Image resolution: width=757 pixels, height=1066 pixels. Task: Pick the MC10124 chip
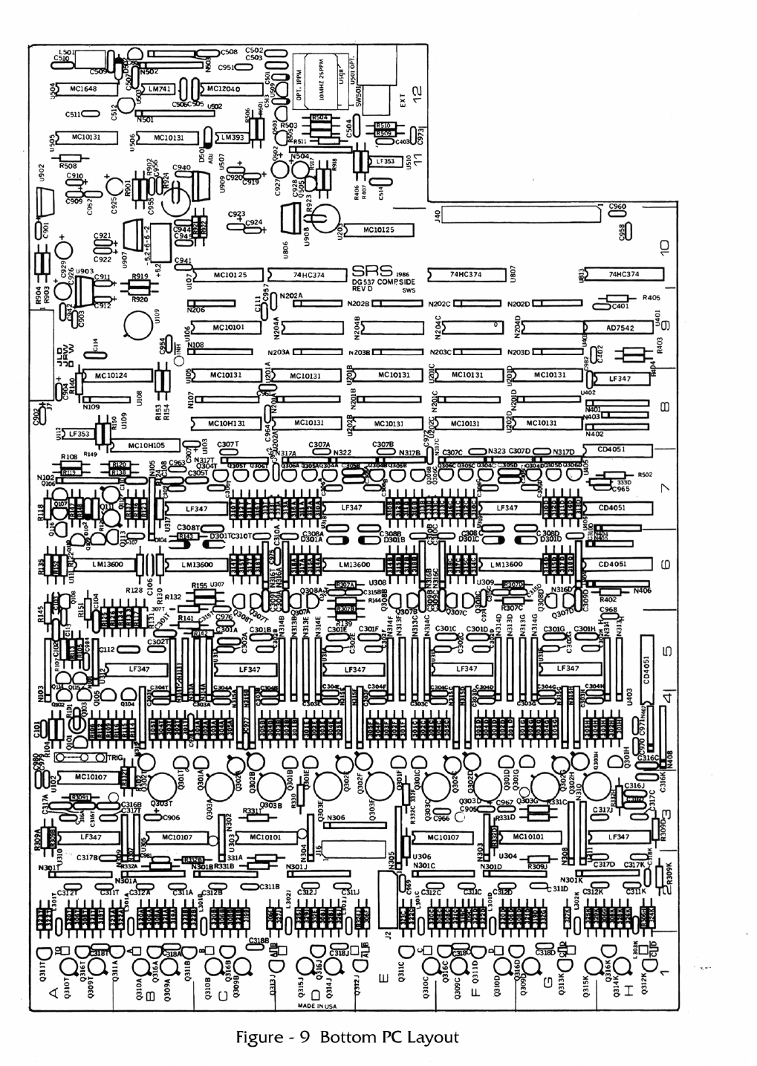(x=111, y=376)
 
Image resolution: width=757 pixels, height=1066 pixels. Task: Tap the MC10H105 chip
(x=146, y=446)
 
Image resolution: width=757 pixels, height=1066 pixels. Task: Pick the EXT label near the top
(x=403, y=102)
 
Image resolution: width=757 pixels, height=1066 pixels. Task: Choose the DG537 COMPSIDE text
(x=383, y=282)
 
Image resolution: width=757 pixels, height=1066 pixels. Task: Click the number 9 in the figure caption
(x=305, y=1038)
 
